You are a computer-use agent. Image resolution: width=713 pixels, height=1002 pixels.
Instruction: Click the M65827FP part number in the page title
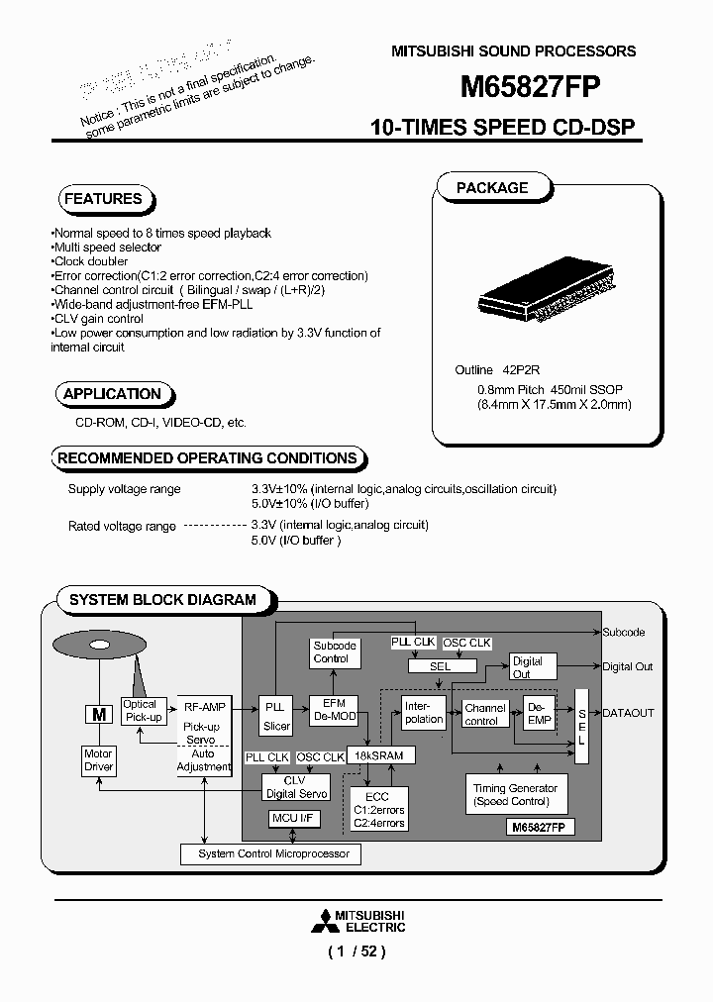coord(530,87)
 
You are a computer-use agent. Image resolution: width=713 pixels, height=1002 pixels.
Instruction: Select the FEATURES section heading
coord(102,199)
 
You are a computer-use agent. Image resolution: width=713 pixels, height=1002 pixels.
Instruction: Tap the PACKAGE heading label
coord(492,188)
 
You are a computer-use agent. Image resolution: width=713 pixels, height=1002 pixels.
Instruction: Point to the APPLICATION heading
coord(111,394)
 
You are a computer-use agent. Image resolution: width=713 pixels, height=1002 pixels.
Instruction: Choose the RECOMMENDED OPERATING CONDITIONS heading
coord(207,458)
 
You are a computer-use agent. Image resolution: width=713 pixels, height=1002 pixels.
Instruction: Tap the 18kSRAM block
coord(380,754)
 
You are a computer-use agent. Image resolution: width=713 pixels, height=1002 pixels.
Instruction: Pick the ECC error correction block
coord(378,808)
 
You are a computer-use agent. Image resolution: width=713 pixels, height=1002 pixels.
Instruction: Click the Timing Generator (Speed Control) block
coord(515,794)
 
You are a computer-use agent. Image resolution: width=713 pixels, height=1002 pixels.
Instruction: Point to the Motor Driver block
coord(99,760)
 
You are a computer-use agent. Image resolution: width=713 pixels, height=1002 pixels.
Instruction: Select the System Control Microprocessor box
coord(269,853)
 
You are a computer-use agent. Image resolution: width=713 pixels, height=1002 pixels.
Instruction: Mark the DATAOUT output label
coord(628,713)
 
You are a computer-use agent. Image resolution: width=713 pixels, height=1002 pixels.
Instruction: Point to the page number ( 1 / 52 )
coord(356,952)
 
